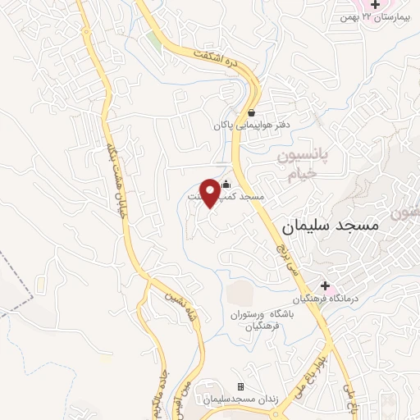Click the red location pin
pyautogui.click(x=210, y=192)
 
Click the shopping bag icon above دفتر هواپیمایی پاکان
pyautogui.click(x=252, y=113)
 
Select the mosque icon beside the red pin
pyautogui.click(x=226, y=186)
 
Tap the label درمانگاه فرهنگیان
pyautogui.click(x=326, y=298)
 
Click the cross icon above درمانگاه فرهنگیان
pyautogui.click(x=326, y=285)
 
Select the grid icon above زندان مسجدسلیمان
pyautogui.click(x=240, y=386)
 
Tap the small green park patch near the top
pyautogui.click(x=154, y=41)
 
